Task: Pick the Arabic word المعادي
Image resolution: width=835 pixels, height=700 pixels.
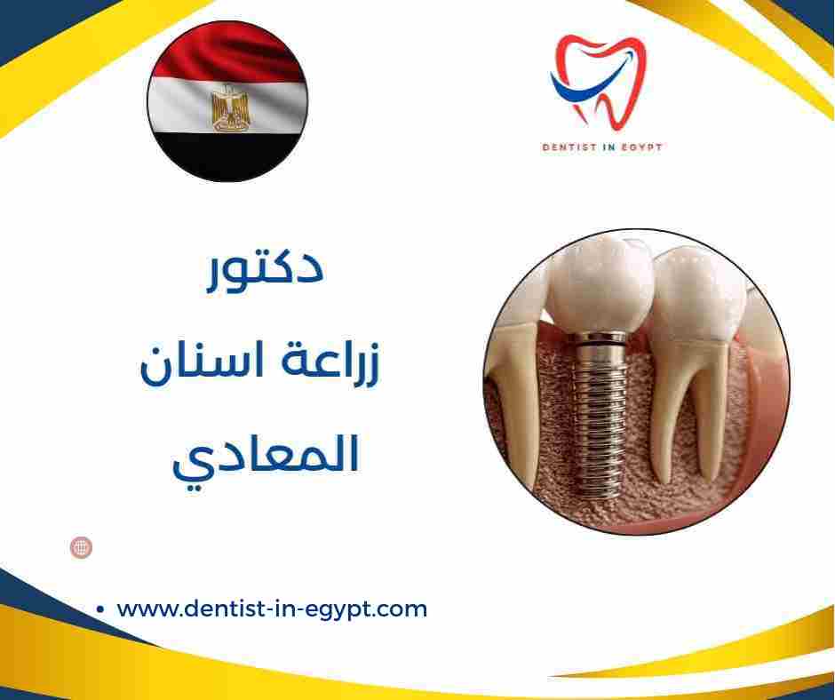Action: coord(264,456)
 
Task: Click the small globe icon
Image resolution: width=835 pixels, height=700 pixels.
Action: coord(81,547)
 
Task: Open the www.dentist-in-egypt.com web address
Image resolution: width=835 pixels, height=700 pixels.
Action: coord(272,609)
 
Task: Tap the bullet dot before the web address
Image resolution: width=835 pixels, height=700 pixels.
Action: coord(100,610)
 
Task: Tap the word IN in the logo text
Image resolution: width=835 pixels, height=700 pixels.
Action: coord(607,147)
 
